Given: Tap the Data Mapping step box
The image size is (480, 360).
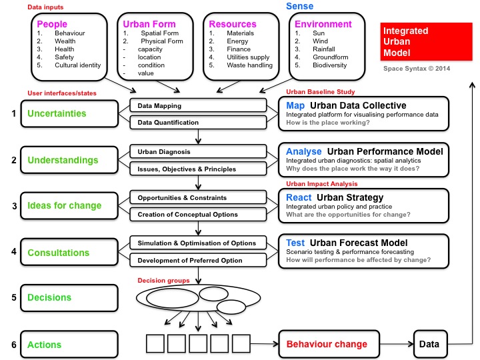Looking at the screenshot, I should pos(198,106).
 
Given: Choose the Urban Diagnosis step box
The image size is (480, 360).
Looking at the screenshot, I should pos(198,152).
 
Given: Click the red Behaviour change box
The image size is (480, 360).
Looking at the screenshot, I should pos(327,344).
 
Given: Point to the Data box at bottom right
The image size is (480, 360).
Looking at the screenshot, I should pos(429,344).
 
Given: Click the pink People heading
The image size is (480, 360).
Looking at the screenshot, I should pos(52,24).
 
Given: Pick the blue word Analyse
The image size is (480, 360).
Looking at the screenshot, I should pos(303,151).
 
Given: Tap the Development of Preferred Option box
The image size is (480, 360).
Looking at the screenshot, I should pos(198,259).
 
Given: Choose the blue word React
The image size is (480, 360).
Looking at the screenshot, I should pos(299,197).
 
